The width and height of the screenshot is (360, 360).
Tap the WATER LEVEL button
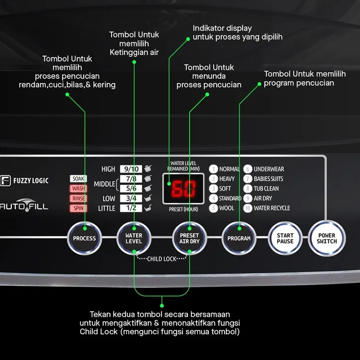[x=133, y=239]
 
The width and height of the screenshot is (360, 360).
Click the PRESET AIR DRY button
[x=189, y=239]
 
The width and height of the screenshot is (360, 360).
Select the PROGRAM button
[x=239, y=239]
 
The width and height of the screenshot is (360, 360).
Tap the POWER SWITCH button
[x=327, y=239]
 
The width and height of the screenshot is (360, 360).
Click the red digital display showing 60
[x=183, y=189]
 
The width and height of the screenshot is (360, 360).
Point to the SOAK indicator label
[x=78, y=179]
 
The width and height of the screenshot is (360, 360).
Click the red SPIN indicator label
[x=78, y=208]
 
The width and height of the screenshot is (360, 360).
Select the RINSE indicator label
[x=78, y=198]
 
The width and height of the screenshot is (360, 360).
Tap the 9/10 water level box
[x=131, y=169]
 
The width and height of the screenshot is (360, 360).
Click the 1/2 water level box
[x=131, y=208]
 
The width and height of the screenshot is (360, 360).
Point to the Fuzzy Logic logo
[x=24, y=180]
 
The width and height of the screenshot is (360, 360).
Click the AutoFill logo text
[x=24, y=205]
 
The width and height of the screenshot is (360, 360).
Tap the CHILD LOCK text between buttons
[x=162, y=259]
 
